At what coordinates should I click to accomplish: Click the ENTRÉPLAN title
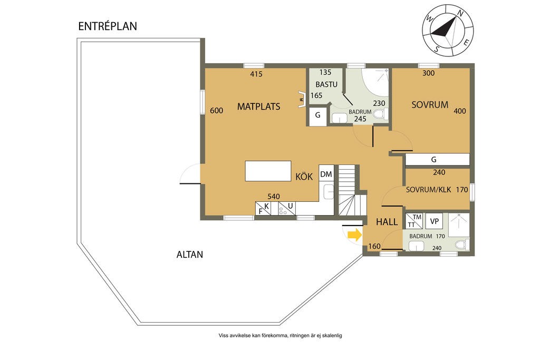click(x=108, y=26)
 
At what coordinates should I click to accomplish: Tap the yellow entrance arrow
click(x=355, y=235)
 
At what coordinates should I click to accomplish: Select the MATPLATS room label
click(x=258, y=106)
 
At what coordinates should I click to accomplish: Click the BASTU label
click(x=326, y=84)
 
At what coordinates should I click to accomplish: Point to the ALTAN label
click(x=190, y=255)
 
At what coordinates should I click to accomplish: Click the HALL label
click(x=387, y=222)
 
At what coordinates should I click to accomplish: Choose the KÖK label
click(x=304, y=177)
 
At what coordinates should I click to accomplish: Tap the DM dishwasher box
click(x=326, y=174)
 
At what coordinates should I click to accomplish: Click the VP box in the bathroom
click(x=435, y=221)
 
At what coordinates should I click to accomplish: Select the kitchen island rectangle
click(x=268, y=171)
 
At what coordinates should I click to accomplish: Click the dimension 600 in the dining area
click(x=216, y=111)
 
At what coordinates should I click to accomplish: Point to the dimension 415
click(x=256, y=74)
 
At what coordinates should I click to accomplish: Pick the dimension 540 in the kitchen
click(x=274, y=197)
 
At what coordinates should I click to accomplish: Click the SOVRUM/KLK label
click(x=428, y=190)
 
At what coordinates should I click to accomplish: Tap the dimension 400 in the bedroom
click(x=460, y=111)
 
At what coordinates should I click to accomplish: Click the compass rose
click(x=448, y=30)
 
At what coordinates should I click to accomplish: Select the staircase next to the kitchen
click(x=350, y=190)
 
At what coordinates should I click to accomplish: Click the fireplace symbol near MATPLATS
click(x=302, y=99)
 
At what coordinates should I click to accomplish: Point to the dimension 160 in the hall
click(x=374, y=246)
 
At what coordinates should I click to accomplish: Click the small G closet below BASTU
click(x=317, y=115)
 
